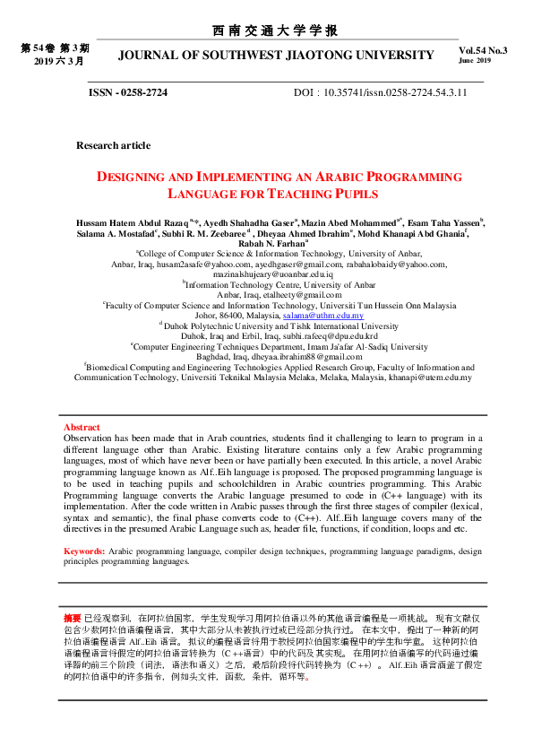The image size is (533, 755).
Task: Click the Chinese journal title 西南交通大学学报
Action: pyautogui.click(x=276, y=31)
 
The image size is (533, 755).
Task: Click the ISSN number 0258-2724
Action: pyautogui.click(x=142, y=92)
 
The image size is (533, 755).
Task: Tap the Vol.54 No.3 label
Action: pyautogui.click(x=482, y=51)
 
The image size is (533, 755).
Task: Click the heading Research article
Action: pyautogui.click(x=113, y=145)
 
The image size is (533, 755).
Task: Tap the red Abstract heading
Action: pyautogui.click(x=82, y=427)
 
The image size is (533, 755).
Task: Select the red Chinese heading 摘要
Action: pyautogui.click(x=72, y=619)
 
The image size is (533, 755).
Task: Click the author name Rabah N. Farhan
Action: pyautogui.click(x=271, y=242)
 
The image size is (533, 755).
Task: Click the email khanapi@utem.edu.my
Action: pyautogui.click(x=421, y=377)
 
